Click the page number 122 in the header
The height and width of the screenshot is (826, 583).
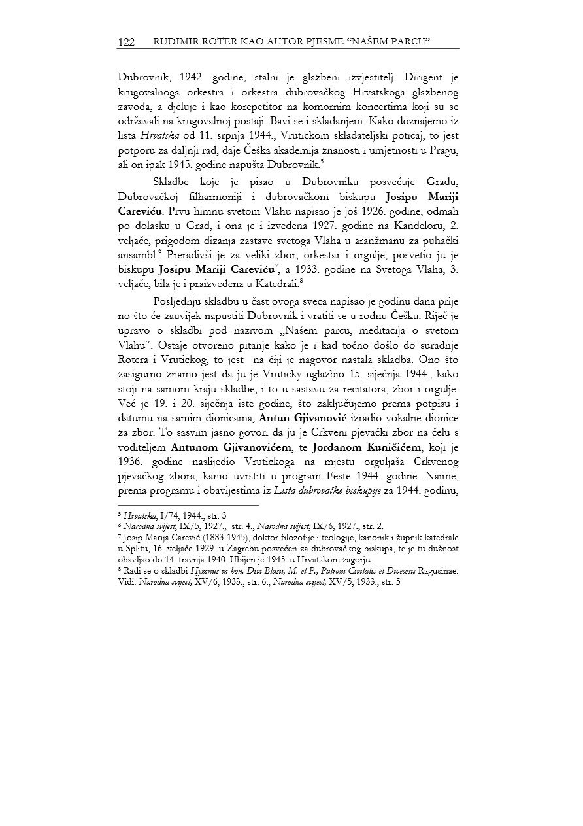126,42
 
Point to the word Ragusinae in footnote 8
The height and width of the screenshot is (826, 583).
435,570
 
